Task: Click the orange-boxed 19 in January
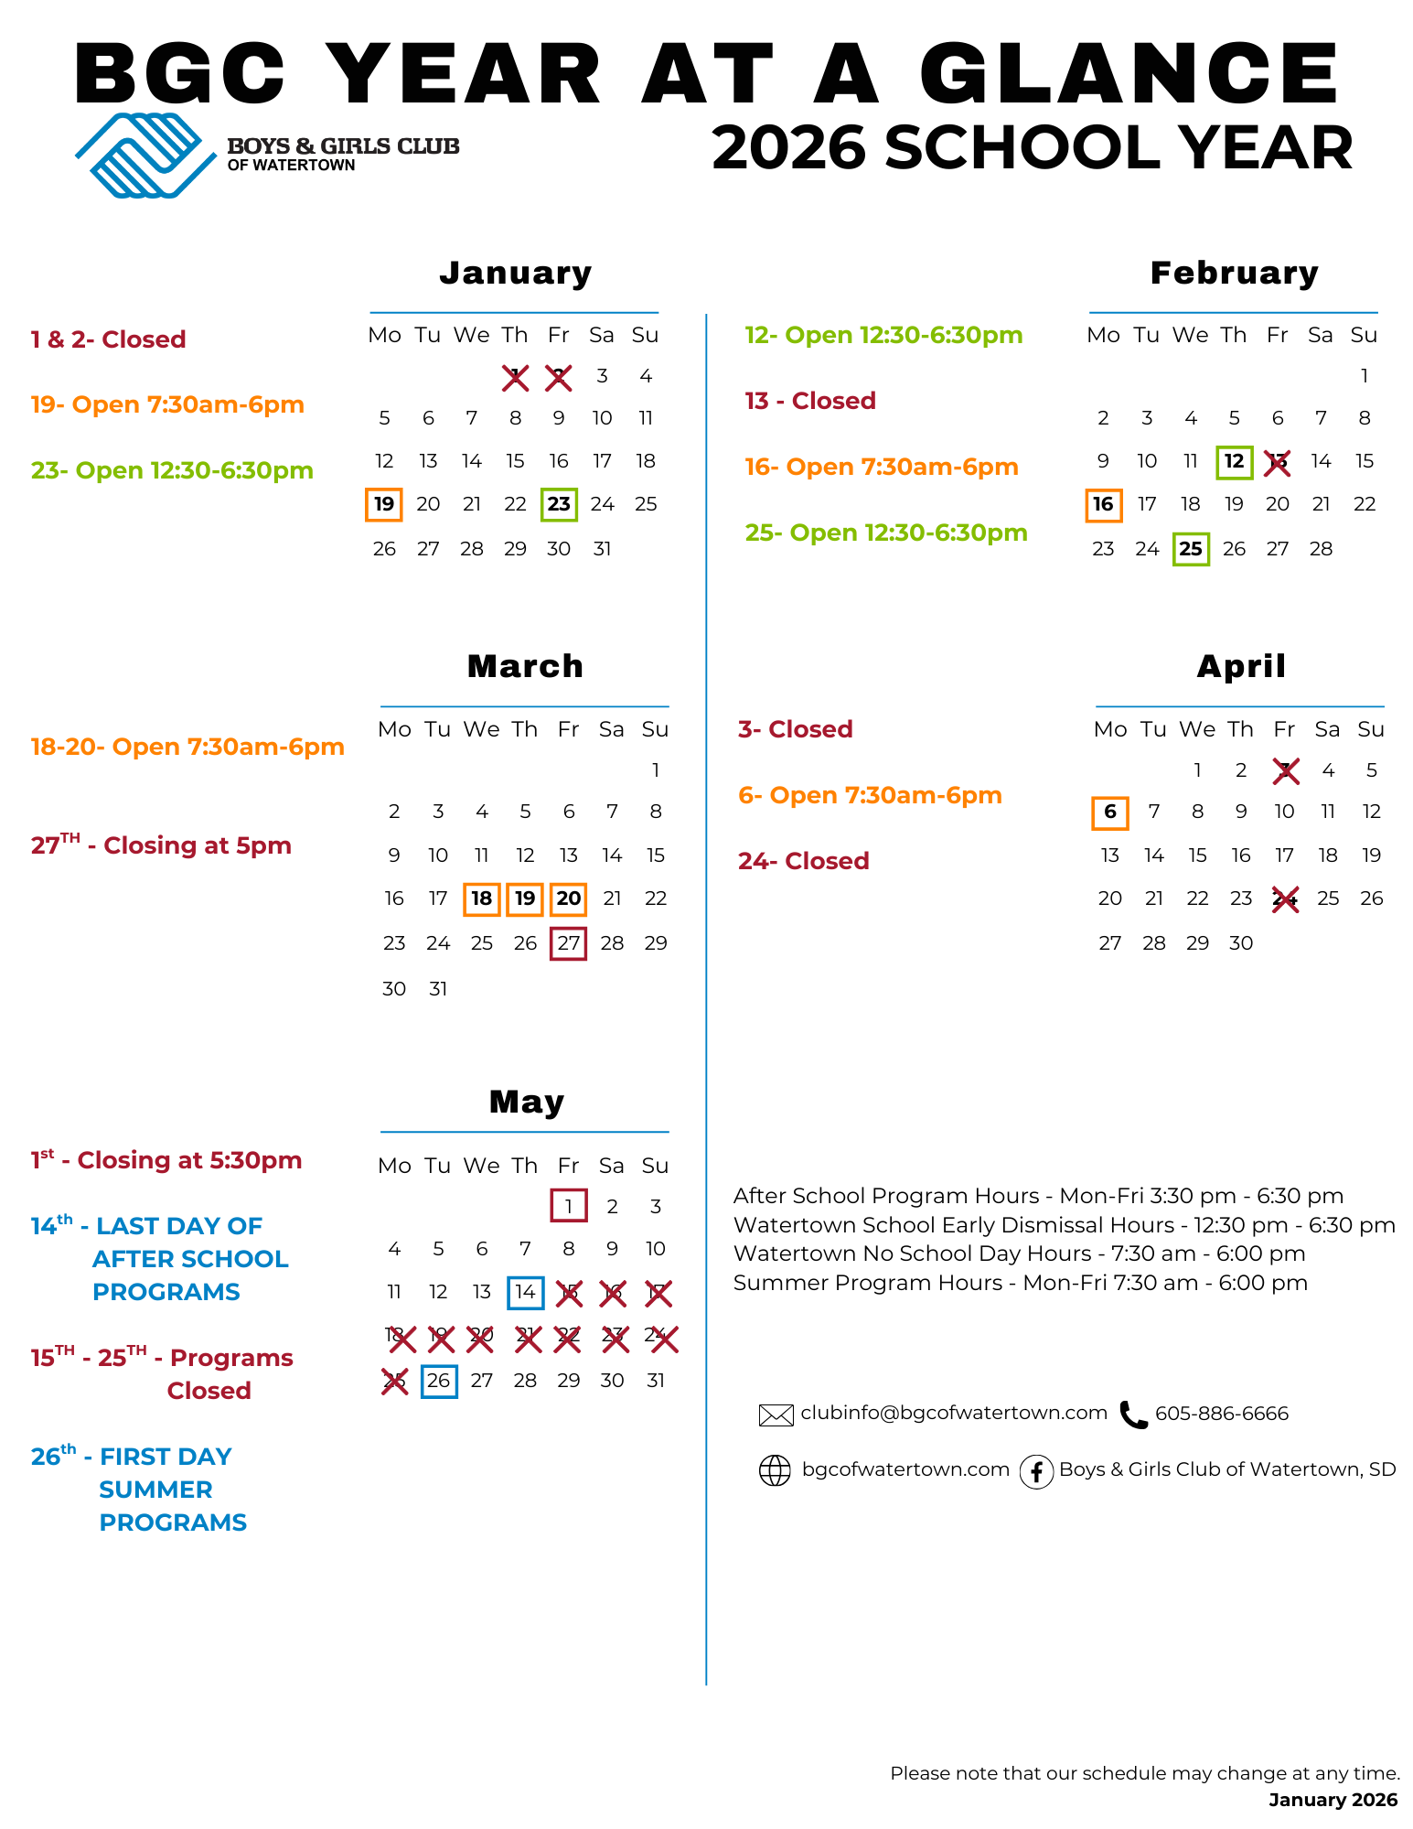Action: pyautogui.click(x=384, y=504)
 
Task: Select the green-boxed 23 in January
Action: pyautogui.click(x=559, y=504)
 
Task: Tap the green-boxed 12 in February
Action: pyautogui.click(x=1234, y=461)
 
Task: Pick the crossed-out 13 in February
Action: pyautogui.click(x=1277, y=462)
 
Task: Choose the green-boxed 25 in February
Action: pyautogui.click(x=1191, y=549)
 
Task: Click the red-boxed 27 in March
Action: pyautogui.click(x=568, y=943)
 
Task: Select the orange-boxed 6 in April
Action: pyautogui.click(x=1109, y=812)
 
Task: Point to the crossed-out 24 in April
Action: pyautogui.click(x=1285, y=899)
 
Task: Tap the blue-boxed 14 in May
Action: pyautogui.click(x=525, y=1292)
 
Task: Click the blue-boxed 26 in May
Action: pyautogui.click(x=439, y=1381)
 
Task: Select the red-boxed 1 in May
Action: pyautogui.click(x=568, y=1206)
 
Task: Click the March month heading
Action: pyautogui.click(x=525, y=666)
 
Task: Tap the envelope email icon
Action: pyautogui.click(x=776, y=1415)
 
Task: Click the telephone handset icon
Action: pyautogui.click(x=1133, y=1415)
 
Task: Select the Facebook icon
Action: pyautogui.click(x=1036, y=1471)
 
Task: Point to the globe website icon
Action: pyautogui.click(x=775, y=1470)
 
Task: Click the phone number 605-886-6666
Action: pyautogui.click(x=1222, y=1414)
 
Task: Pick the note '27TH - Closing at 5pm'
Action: pyautogui.click(x=161, y=845)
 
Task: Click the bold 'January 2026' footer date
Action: pyautogui.click(x=1333, y=1800)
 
